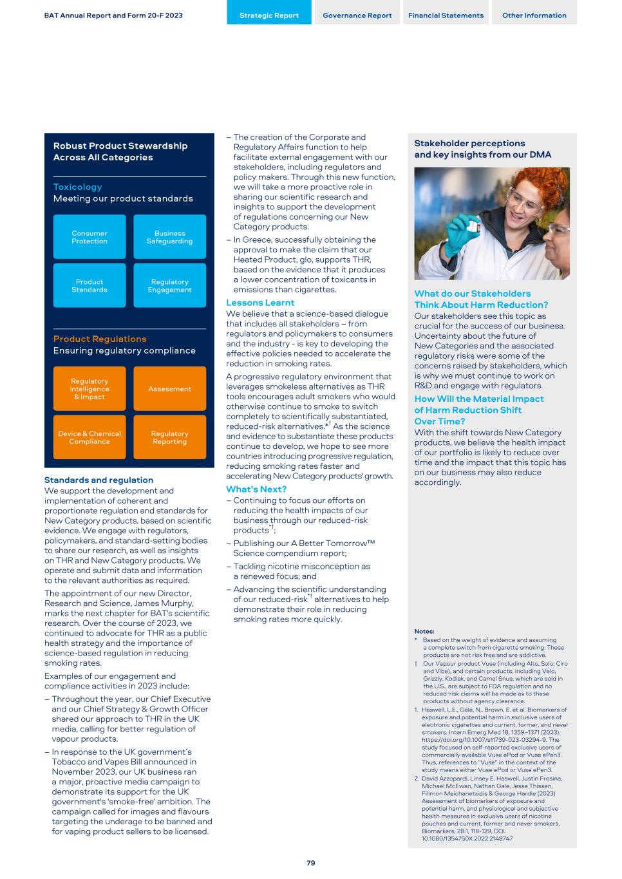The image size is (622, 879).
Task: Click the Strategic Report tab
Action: (x=269, y=15)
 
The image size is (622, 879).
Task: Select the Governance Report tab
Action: (x=357, y=15)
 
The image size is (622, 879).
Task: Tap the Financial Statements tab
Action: (x=446, y=15)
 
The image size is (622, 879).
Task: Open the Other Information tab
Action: (x=534, y=15)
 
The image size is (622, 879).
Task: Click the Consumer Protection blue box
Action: (x=90, y=237)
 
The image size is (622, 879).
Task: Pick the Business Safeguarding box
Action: (x=169, y=237)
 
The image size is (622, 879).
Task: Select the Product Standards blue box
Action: (x=90, y=285)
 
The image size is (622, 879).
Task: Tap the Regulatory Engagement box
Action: (x=169, y=285)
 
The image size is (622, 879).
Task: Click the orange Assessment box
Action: (x=169, y=389)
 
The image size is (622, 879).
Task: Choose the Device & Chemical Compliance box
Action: (x=90, y=437)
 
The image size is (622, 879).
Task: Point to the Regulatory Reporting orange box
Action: (x=169, y=437)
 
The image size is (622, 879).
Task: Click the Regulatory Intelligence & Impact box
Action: (x=90, y=389)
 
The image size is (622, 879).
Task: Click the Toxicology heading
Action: (x=77, y=187)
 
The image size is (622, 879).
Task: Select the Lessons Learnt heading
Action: (x=260, y=303)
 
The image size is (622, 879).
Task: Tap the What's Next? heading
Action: (x=256, y=489)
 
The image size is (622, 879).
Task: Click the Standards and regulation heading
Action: (x=99, y=480)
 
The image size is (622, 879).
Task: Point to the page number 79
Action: (x=310, y=863)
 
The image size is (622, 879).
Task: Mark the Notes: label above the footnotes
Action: (x=424, y=631)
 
